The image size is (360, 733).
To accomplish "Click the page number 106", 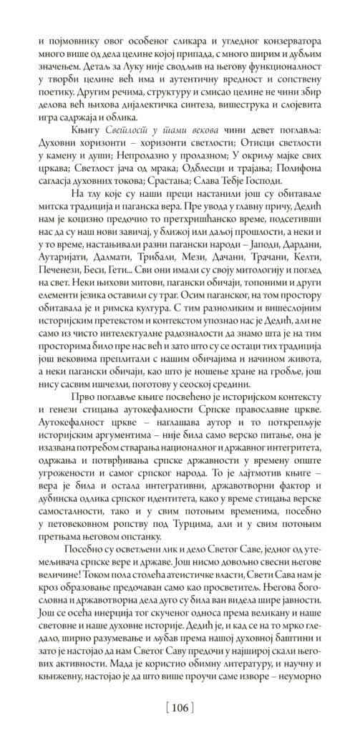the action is click(180, 709).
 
